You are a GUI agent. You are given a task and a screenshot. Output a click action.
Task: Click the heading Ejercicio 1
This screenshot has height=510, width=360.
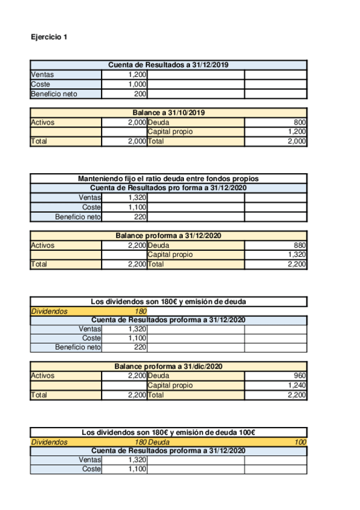49,37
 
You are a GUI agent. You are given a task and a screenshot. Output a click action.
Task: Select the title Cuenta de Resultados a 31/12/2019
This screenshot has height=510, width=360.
168,65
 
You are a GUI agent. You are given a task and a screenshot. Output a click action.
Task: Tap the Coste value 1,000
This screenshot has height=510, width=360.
138,84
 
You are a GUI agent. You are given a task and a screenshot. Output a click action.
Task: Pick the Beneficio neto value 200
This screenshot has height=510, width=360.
140,94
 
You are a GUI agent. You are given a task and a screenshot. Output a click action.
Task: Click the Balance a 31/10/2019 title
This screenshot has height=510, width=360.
168,112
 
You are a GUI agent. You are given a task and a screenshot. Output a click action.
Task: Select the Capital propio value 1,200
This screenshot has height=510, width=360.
297,132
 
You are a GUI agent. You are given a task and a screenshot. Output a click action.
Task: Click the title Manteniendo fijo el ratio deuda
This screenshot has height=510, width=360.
168,179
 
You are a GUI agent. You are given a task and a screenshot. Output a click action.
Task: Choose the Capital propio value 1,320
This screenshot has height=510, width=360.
297,254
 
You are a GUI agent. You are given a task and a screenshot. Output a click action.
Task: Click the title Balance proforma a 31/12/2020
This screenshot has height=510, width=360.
168,236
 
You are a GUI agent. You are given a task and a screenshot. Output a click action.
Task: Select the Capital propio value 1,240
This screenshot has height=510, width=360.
297,386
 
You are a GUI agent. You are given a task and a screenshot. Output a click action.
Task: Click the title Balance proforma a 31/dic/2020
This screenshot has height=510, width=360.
168,366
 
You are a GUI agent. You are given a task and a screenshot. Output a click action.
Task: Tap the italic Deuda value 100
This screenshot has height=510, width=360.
301,442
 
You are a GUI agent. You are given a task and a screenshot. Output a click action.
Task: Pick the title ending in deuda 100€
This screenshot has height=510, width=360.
168,432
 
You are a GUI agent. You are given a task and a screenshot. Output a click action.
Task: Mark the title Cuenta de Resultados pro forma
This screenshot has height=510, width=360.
168,188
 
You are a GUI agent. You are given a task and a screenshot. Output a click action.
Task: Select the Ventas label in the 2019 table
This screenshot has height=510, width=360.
40,75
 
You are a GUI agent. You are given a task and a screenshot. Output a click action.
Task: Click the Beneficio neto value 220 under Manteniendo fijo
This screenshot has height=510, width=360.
140,217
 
